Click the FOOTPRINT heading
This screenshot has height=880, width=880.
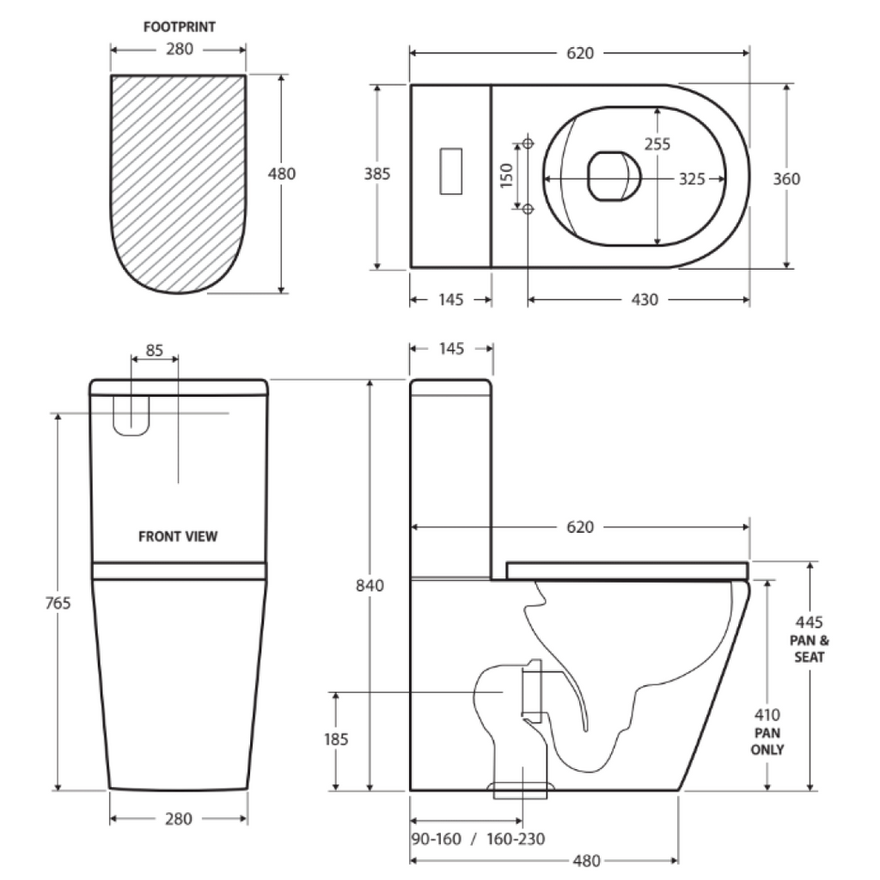coord(179,27)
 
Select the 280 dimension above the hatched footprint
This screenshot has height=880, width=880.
coord(179,49)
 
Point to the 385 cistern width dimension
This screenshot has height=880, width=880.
coord(376,174)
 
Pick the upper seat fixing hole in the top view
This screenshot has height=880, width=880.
coord(528,142)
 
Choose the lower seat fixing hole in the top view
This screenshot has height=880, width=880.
coord(528,208)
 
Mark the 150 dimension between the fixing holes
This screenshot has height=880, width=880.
coord(506,175)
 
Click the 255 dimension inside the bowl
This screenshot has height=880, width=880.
coord(657,144)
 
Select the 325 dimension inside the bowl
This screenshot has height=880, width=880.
coord(692,179)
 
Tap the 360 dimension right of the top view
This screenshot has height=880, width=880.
coord(786,179)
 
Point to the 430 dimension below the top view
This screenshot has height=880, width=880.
coord(645,300)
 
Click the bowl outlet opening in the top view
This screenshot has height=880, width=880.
coord(614,176)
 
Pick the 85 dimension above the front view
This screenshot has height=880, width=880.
coord(154,350)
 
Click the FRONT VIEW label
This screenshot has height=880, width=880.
coord(178,537)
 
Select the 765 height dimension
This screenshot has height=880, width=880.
coord(59,602)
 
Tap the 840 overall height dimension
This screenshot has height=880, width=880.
coord(370,586)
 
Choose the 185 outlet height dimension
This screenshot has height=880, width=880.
coord(336,740)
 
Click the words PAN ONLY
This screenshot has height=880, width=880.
coord(767,742)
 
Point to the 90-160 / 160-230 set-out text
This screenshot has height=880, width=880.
coord(478,839)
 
